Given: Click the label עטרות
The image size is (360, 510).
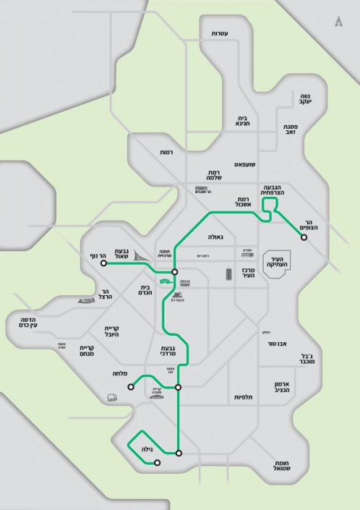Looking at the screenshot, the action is (x=220, y=34).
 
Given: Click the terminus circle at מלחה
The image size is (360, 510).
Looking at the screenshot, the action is (x=131, y=387).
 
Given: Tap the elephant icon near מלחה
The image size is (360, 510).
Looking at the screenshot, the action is (x=111, y=397).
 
